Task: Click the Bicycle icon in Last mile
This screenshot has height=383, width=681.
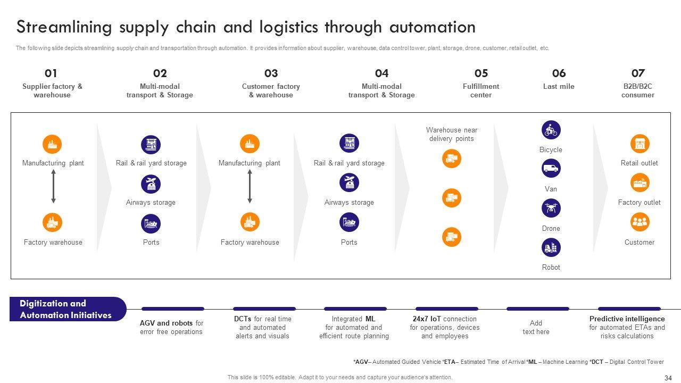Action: (x=551, y=130)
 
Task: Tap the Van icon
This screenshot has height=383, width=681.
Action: (x=551, y=169)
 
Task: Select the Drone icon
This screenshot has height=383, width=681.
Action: (x=551, y=208)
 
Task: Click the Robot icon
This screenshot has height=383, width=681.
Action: (x=551, y=247)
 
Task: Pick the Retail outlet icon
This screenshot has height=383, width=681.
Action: (x=640, y=144)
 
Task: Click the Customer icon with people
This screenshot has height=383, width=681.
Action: (x=640, y=222)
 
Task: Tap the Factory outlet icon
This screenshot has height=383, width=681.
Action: (x=640, y=182)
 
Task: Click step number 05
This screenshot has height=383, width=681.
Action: (x=481, y=73)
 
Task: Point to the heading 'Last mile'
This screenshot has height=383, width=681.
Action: (x=559, y=86)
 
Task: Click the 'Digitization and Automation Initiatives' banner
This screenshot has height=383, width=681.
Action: (x=68, y=309)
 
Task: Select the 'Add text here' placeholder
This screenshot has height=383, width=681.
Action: (x=536, y=327)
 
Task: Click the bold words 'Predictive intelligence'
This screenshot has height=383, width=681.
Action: (x=627, y=319)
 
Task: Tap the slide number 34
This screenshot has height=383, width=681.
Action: (x=668, y=378)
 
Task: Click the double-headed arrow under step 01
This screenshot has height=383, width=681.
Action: (x=54, y=186)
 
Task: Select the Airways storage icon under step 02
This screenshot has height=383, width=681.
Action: (x=151, y=184)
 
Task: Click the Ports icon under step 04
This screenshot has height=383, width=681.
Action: (x=349, y=222)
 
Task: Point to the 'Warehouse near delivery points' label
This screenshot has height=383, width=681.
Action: (x=452, y=134)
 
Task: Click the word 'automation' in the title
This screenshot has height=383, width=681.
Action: (x=433, y=27)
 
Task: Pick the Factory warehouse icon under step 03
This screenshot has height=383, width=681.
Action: (x=250, y=222)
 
